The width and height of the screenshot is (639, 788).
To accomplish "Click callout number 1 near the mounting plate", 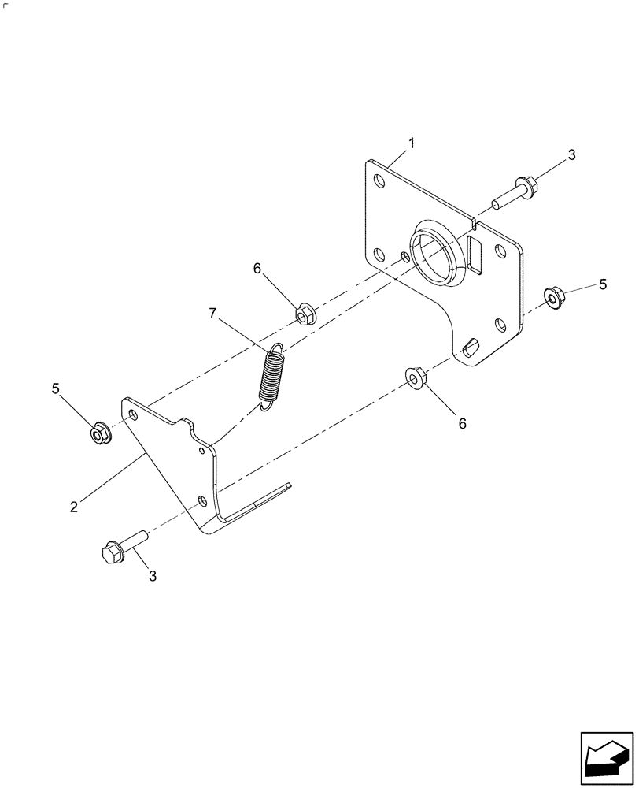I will point(411,143).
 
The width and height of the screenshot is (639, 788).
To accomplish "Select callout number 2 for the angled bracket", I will point(74,507).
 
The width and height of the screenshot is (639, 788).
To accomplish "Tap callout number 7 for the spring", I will point(212,313).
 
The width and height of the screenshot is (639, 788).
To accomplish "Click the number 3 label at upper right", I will point(571,155).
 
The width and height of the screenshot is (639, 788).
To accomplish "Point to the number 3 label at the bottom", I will point(153,576).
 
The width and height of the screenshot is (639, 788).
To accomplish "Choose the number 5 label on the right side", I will point(603,284).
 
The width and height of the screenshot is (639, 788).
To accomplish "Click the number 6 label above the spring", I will point(257,269).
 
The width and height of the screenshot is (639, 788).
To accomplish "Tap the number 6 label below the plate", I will point(462,423).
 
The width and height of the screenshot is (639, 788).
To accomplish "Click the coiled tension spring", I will point(272,377).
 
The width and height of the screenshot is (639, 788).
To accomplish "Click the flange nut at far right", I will point(554,298).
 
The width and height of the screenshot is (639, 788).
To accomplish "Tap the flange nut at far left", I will point(98,432).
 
